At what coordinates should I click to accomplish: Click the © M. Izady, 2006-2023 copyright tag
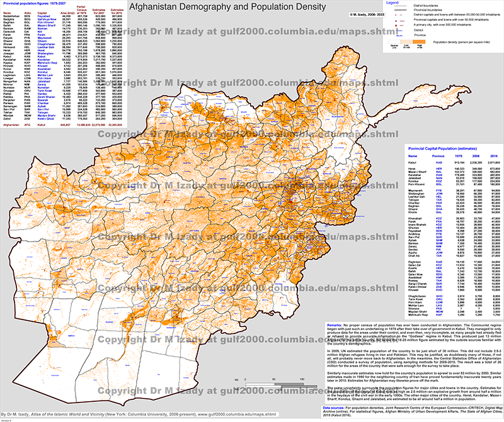pos(368,13)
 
